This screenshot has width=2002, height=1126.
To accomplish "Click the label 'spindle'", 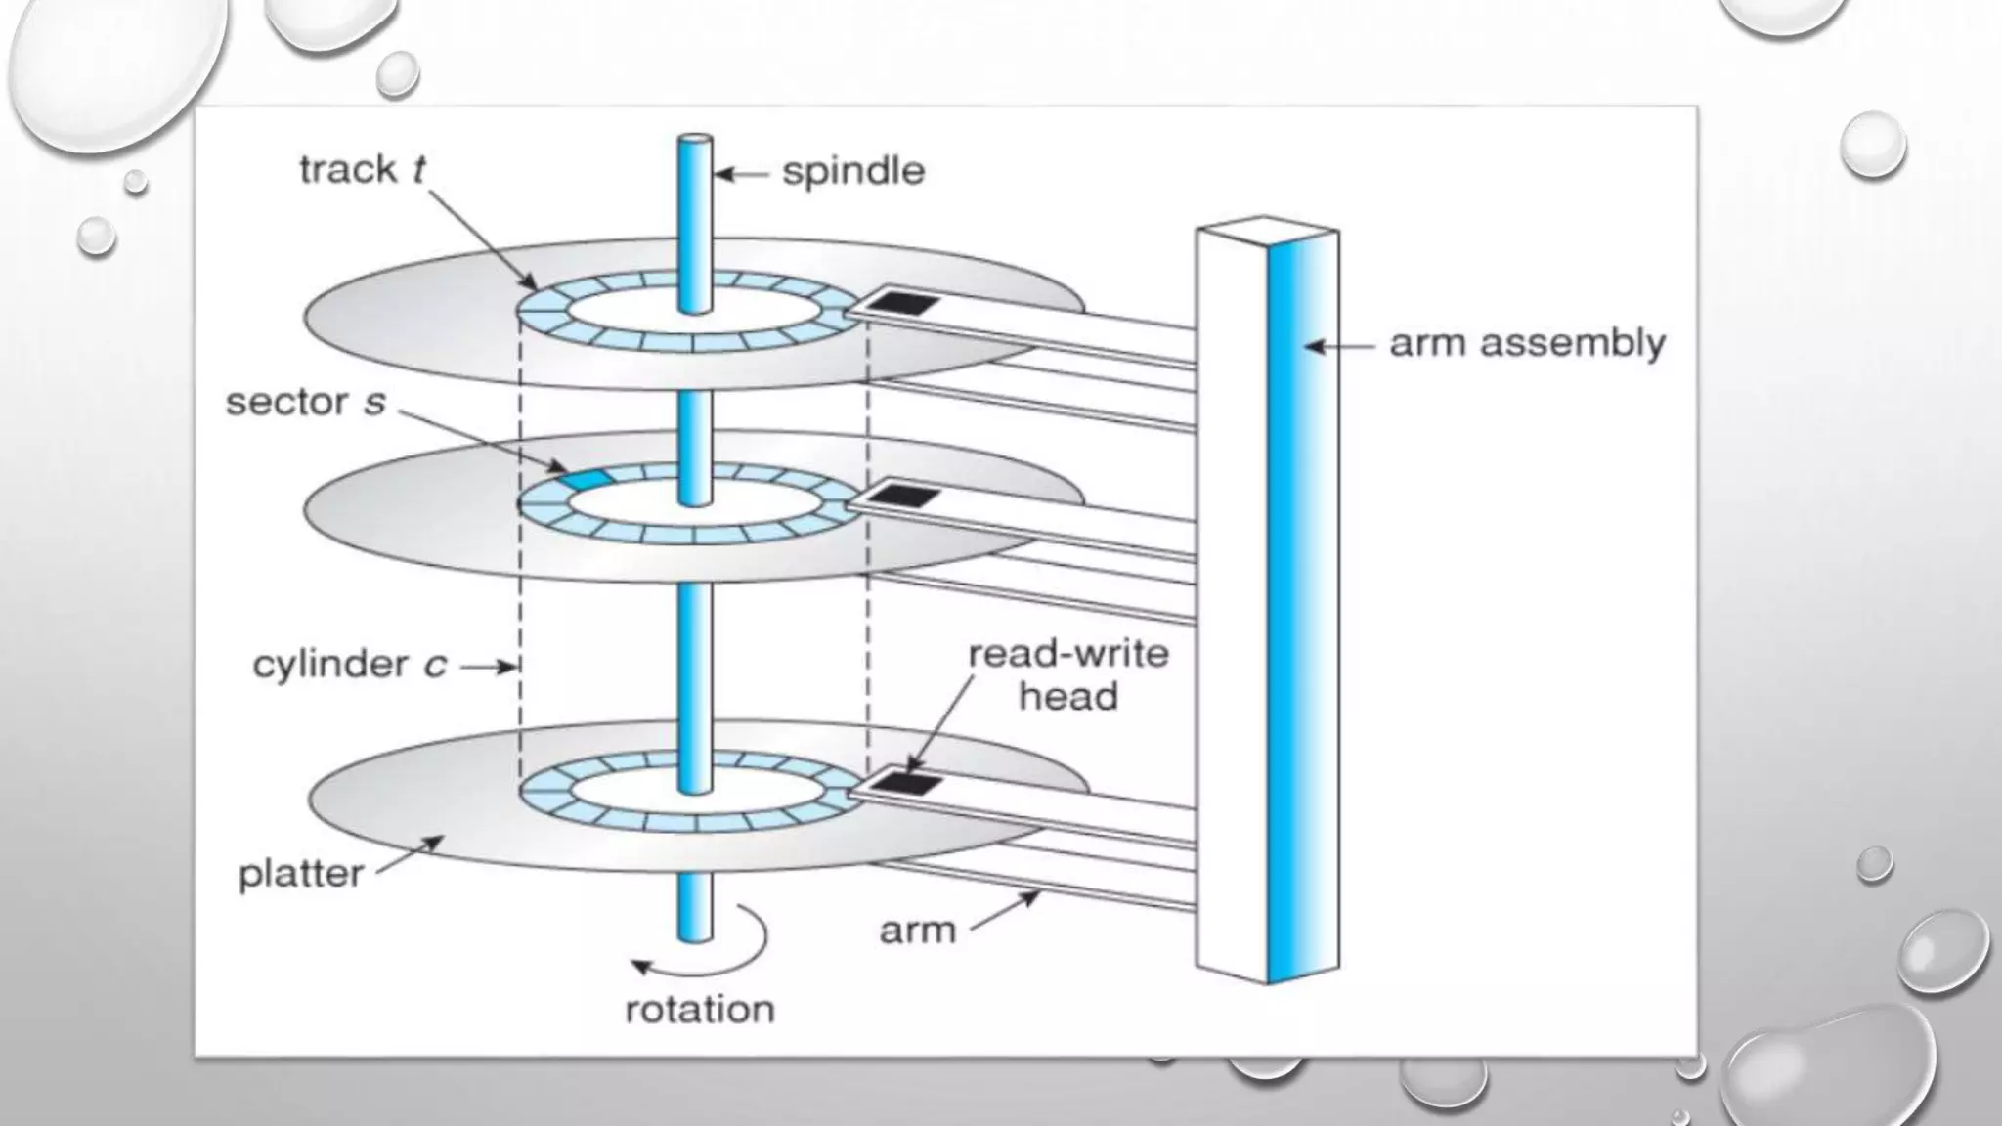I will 852,172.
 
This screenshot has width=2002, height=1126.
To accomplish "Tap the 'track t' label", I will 362,170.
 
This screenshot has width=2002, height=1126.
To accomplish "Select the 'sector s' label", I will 305,402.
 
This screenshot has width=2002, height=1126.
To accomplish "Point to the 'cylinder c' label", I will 349,665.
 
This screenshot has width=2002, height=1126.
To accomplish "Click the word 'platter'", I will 301,873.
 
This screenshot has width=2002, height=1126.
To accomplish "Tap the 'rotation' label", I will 699,1009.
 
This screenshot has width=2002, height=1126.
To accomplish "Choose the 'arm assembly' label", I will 1527,344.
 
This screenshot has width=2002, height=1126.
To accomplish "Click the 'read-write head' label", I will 1067,674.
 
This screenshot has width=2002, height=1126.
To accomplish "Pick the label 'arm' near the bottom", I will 917,930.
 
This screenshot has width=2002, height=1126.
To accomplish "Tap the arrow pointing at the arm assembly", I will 1339,346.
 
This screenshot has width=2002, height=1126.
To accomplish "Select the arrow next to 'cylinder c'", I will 489,667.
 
